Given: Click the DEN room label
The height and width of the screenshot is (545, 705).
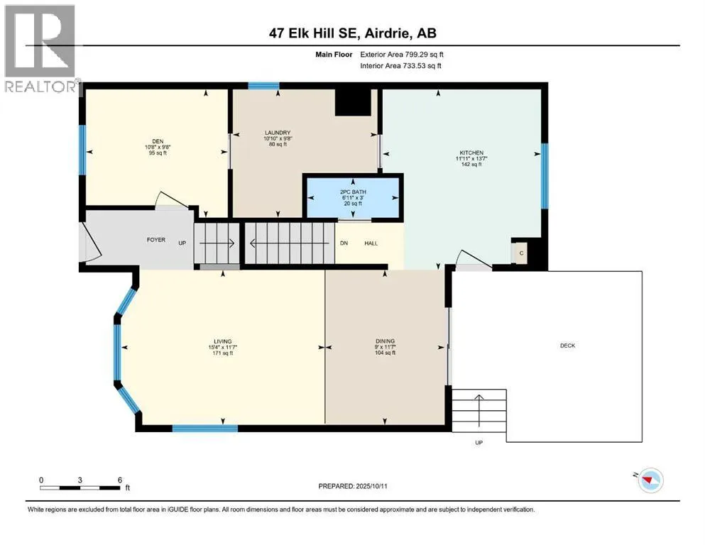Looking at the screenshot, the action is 158,141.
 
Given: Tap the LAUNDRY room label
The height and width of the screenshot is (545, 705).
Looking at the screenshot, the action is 278,133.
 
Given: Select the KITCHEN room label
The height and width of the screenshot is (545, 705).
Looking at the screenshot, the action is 471,153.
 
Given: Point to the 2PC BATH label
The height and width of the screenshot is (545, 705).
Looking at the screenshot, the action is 353,192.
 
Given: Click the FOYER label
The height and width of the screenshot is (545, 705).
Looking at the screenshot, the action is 156,240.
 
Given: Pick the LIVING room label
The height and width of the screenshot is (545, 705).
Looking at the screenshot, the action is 222,341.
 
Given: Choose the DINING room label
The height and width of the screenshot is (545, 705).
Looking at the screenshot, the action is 386,341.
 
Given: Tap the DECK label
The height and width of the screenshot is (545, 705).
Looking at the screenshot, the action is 567,346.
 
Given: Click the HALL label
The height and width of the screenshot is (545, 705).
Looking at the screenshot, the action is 371,243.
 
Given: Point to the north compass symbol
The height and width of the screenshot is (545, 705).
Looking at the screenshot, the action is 649,480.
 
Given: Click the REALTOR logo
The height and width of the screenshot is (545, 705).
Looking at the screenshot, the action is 40,48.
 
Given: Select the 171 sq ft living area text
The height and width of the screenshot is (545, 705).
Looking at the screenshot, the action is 222,353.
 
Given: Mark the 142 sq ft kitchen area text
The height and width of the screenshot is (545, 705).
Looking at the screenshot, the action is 471,165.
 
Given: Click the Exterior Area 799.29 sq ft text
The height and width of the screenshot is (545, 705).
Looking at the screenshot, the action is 402,55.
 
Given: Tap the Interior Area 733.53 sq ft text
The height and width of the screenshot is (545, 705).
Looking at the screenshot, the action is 400,65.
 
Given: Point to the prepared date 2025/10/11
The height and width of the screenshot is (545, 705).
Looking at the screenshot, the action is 371,486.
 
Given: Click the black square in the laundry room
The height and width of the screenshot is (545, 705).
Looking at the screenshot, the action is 353,102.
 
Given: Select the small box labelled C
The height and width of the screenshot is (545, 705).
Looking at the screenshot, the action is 521,253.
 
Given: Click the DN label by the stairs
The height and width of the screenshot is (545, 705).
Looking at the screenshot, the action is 344,243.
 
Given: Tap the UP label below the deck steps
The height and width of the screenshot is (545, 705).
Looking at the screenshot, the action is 479,443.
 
